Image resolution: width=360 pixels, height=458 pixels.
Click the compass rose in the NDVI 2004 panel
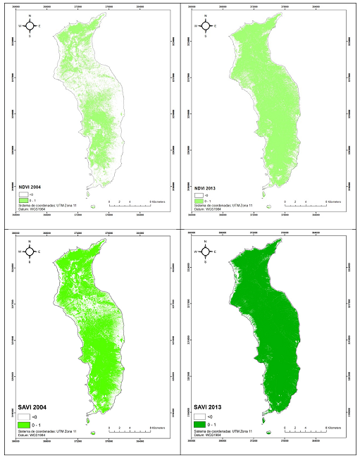30,26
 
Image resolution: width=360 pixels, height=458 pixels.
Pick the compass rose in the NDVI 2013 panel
205,26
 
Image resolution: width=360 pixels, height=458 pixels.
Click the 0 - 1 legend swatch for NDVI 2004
23,201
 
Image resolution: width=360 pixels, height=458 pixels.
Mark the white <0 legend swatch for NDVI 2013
198,195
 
